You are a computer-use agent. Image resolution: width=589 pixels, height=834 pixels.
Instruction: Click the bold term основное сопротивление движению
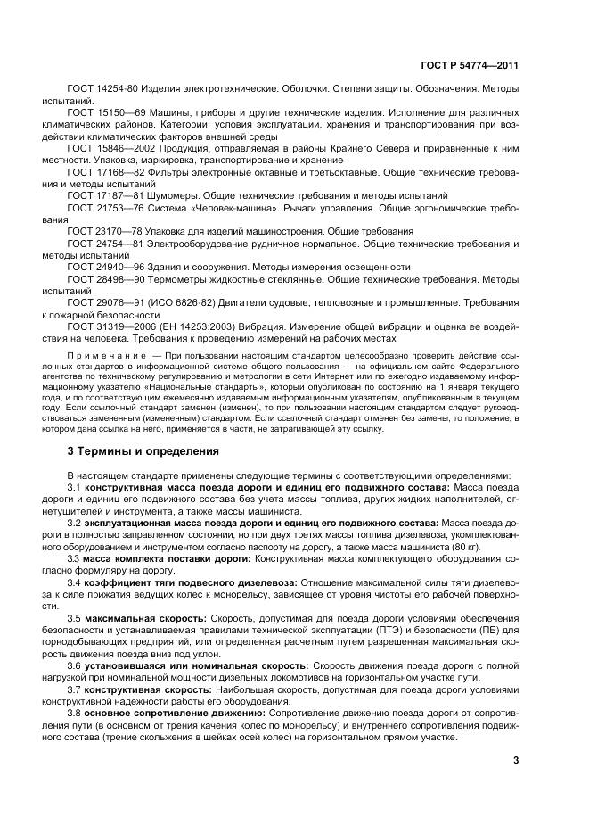click(166, 711)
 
